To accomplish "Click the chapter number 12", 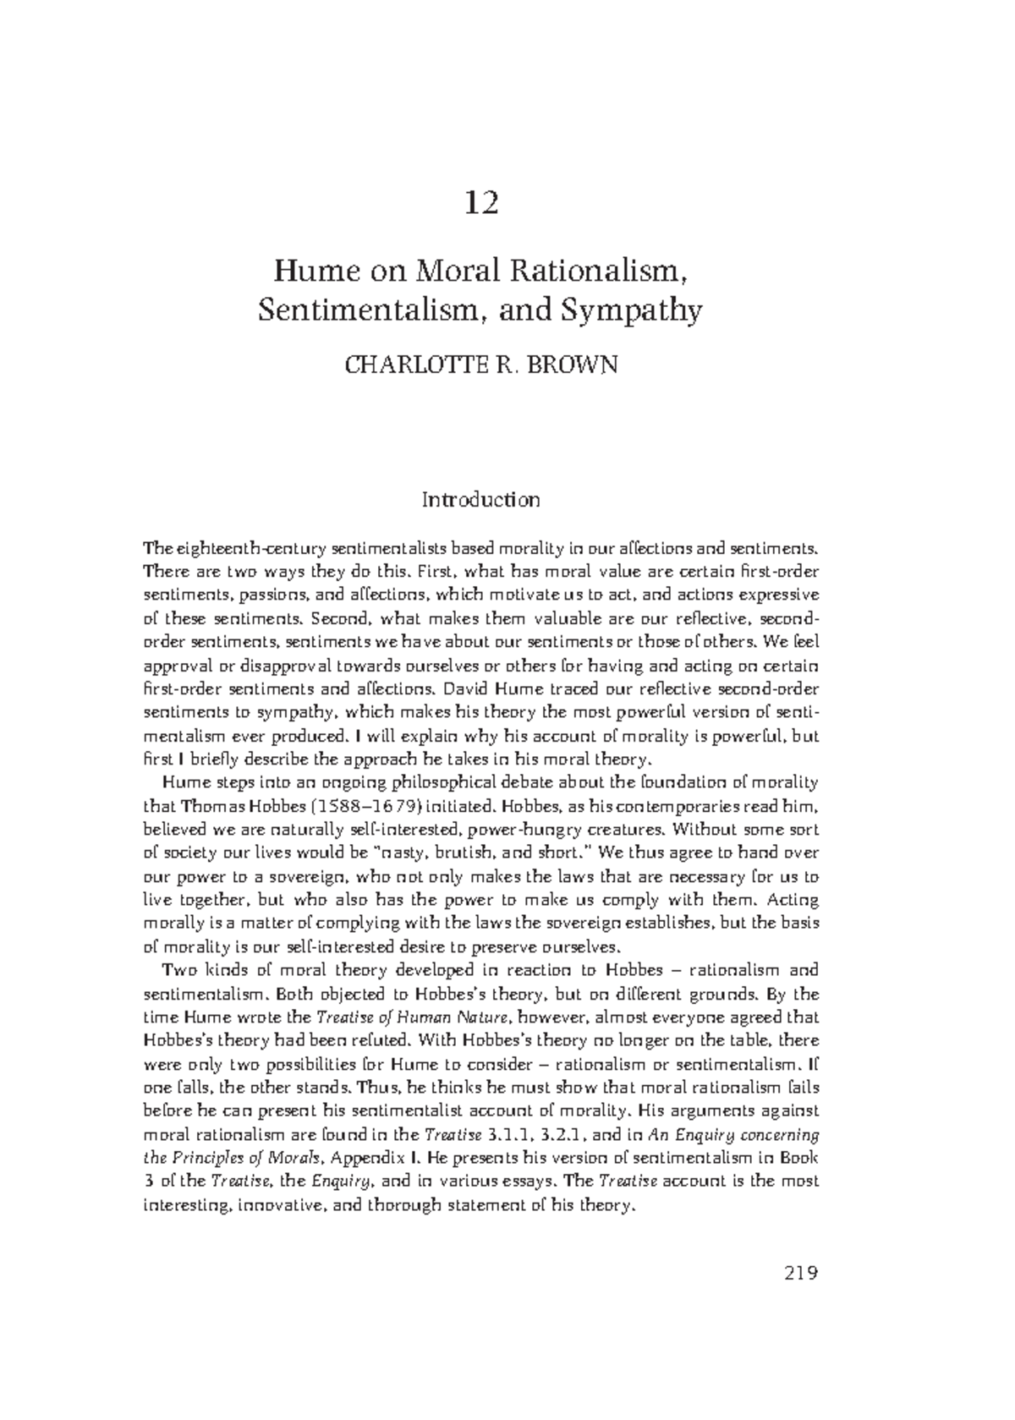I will pyautogui.click(x=481, y=203).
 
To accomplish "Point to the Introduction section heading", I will pyautogui.click(x=480, y=500).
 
